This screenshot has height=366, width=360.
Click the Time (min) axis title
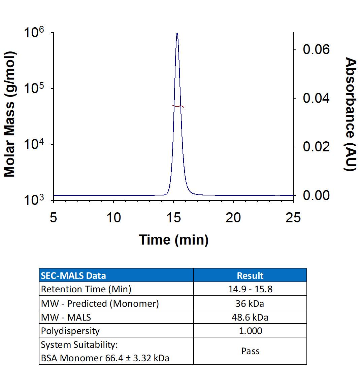coord(173,240)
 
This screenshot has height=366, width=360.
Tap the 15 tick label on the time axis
coord(173,218)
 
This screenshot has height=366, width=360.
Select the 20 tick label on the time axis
coord(233,218)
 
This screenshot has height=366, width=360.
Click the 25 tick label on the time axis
coord(293,218)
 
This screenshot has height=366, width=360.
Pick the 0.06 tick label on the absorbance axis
coord(316,50)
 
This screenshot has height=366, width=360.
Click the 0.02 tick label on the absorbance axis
coord(316,147)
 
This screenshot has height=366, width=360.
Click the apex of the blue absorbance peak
coord(177,33)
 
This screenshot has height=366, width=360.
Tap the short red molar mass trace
coord(178,106)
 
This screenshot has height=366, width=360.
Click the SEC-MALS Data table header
coord(73,276)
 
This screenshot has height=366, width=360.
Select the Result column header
coord(250,276)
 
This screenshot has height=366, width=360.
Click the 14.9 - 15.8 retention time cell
coord(250,289)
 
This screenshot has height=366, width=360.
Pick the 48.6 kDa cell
coord(250,317)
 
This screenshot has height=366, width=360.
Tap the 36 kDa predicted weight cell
coord(250,303)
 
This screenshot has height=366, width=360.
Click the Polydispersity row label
coord(70,331)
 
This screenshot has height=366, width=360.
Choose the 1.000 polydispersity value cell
coord(250,331)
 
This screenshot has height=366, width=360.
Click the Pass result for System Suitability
coord(250,351)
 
